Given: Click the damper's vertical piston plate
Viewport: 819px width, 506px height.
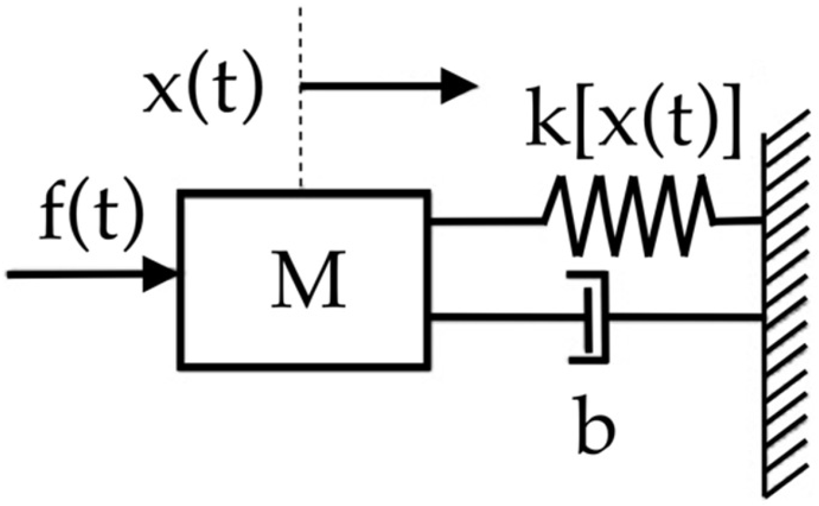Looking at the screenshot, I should (x=588, y=319).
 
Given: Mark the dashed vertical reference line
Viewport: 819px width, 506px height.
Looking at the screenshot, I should (x=301, y=95).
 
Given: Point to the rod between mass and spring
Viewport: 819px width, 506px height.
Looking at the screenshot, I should (x=485, y=221).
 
